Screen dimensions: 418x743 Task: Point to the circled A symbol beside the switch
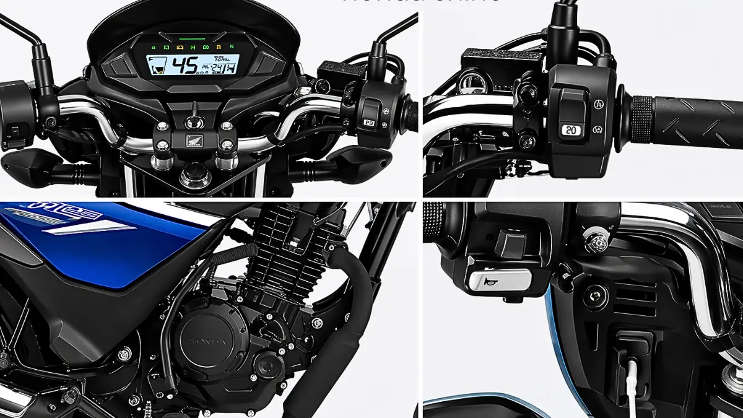pyautogui.click(x=598, y=103)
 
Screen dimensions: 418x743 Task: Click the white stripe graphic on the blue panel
pyautogui.click(x=93, y=229)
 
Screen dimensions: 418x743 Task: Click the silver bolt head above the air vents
pyautogui.click(x=596, y=242)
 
